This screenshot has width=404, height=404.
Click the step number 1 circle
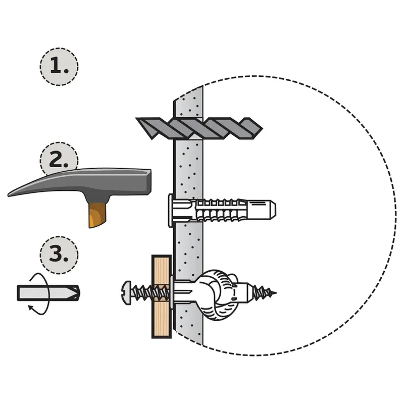click(x=59, y=67)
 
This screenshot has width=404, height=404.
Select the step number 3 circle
click(x=59, y=255)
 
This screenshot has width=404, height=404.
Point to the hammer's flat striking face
click(x=149, y=182)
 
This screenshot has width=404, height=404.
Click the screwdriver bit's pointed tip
click(x=79, y=293)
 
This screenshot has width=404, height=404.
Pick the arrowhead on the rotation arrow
click(x=31, y=308)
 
